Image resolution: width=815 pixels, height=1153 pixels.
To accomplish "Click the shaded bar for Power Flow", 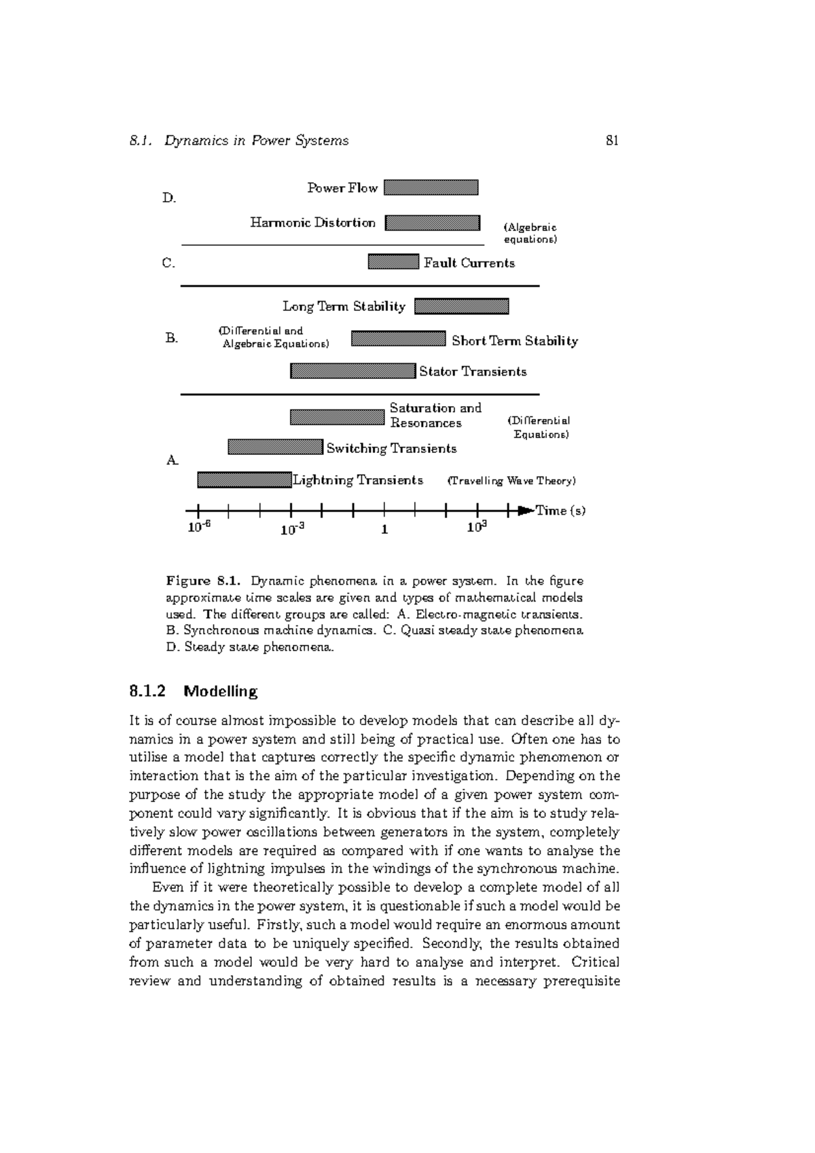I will click(431, 187).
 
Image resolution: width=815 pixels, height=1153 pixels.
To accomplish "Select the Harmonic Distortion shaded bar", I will click(432, 223).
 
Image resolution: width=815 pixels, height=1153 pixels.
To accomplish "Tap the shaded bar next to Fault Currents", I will click(393, 262).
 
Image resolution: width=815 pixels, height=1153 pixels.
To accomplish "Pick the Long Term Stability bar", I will click(461, 306).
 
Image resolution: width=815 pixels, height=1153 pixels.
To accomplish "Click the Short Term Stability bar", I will click(398, 339).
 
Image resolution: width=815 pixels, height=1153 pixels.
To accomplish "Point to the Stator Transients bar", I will click(352, 371).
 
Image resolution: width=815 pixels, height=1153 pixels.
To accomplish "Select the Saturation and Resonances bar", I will click(337, 417).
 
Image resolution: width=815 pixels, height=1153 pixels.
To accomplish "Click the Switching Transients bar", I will click(275, 447).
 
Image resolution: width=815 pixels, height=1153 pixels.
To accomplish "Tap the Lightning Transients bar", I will click(244, 479).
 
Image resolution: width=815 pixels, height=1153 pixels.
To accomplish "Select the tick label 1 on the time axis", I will click(384, 530).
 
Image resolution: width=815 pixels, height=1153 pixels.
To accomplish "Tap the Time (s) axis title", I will click(560, 511).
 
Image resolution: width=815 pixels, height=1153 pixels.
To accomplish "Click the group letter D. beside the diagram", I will click(169, 198).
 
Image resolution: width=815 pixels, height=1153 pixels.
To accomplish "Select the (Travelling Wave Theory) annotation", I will click(511, 481).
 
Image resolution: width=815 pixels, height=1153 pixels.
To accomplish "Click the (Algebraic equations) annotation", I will click(530, 234).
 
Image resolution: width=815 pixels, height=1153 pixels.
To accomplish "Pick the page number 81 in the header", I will click(612, 141).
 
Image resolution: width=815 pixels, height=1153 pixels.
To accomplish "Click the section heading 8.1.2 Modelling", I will click(194, 691).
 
